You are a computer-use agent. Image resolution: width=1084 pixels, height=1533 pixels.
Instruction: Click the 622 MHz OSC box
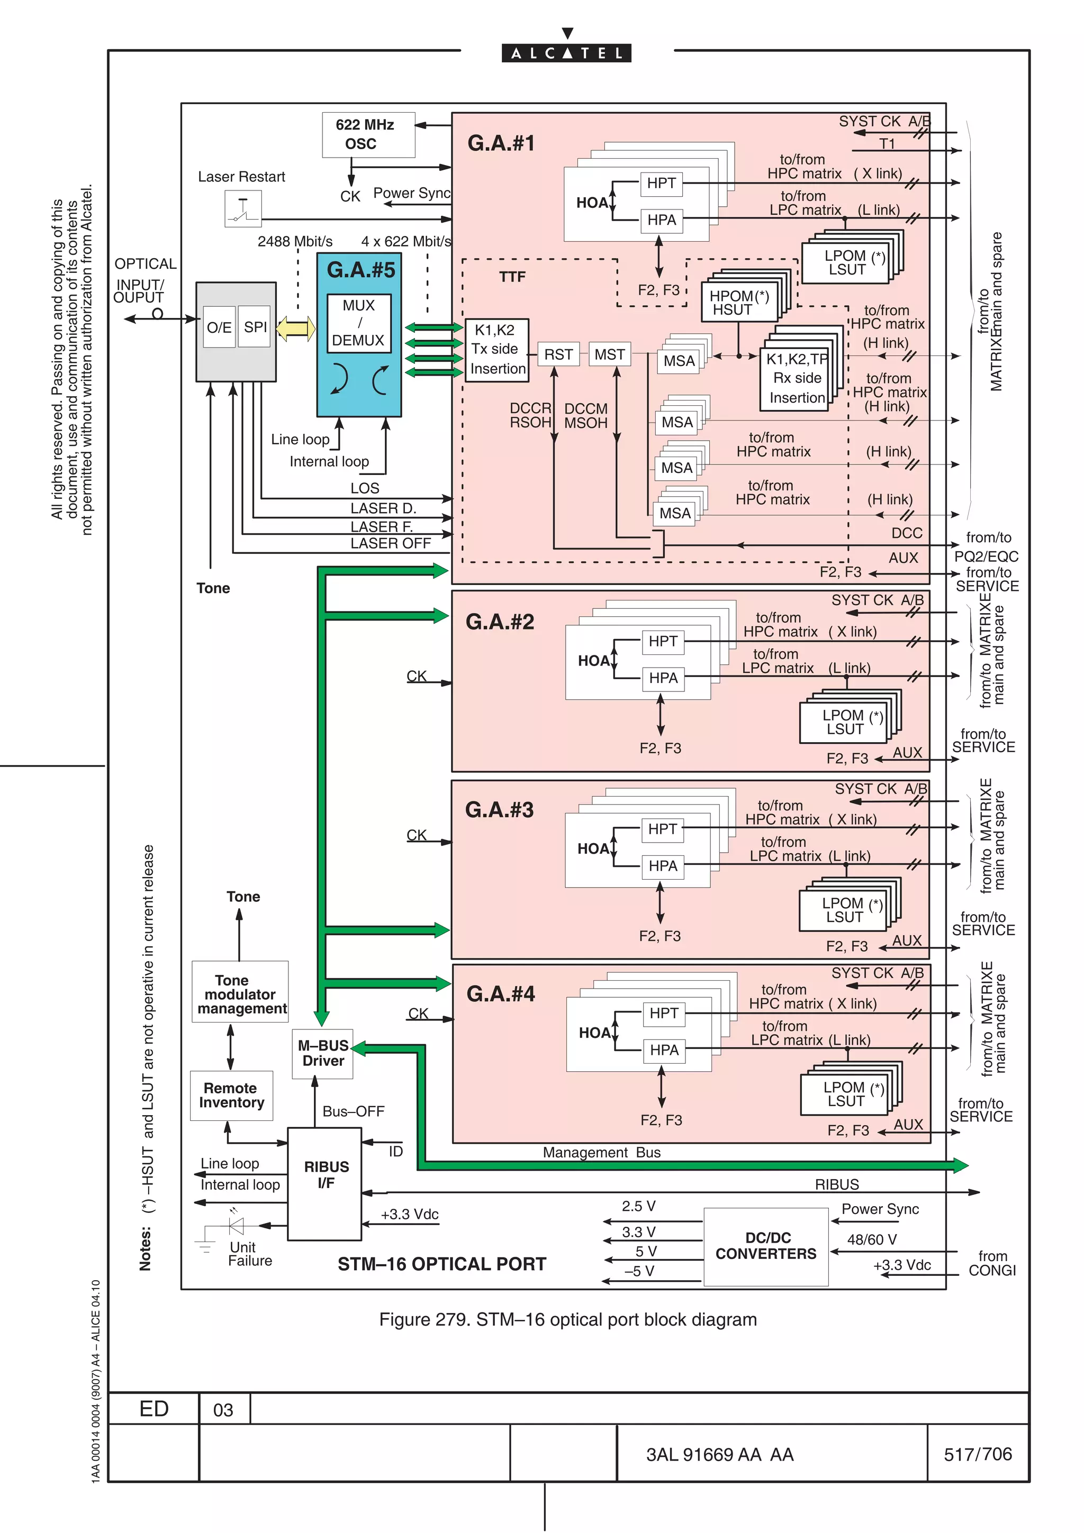368,135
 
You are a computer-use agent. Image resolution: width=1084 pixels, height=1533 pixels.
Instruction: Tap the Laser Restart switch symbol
243,209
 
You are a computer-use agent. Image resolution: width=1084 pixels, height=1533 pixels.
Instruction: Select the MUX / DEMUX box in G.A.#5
359,323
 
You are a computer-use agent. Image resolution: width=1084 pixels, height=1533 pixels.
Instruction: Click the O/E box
219,327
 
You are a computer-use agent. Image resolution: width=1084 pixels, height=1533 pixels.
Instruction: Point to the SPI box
255,327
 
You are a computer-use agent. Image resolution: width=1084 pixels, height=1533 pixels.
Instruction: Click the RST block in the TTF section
558,354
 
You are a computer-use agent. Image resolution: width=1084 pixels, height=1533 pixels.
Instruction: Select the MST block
609,354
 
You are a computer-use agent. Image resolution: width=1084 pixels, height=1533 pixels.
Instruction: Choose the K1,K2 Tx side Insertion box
497,350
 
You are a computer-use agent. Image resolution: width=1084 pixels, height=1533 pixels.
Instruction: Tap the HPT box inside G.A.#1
661,183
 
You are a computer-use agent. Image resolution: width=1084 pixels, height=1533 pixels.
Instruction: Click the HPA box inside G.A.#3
663,866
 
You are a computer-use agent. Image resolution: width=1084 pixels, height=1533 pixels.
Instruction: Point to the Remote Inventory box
231,1096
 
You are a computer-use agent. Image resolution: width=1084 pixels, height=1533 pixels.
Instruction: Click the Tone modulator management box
240,994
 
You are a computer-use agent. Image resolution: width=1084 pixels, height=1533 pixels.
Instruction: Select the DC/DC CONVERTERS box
766,1247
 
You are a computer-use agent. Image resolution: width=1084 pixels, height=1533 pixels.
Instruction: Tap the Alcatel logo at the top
566,52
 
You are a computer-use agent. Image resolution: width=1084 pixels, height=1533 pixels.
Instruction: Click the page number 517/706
977,1454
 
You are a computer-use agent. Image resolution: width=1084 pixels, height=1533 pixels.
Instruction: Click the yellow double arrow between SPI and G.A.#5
296,328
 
